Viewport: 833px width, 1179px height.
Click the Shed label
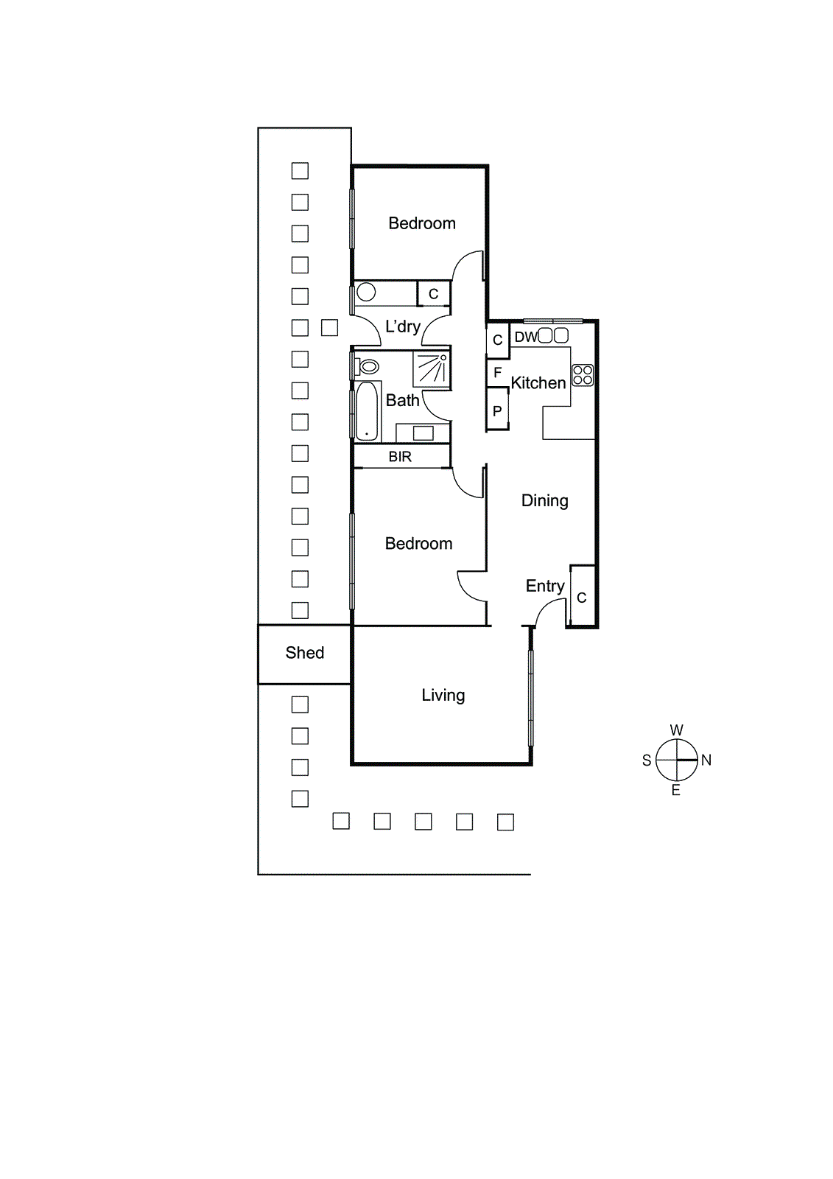(x=304, y=653)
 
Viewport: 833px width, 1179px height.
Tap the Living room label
(x=443, y=696)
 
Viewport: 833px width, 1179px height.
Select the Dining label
(x=544, y=501)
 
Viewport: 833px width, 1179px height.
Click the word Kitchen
(x=538, y=383)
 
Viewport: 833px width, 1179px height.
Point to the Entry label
(x=544, y=587)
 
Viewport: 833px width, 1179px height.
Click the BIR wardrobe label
(x=400, y=457)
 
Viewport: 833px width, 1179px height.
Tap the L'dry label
(x=402, y=326)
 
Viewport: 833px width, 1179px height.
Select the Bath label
(x=402, y=401)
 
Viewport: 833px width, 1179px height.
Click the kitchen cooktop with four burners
(x=583, y=375)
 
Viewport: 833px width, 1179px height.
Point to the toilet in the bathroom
(x=368, y=366)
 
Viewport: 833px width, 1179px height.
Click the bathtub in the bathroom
(x=366, y=411)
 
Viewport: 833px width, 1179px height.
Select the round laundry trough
(x=366, y=293)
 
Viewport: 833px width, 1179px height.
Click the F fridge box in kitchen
(x=497, y=373)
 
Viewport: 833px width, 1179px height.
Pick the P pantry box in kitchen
(x=497, y=412)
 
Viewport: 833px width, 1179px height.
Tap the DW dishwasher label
(x=525, y=337)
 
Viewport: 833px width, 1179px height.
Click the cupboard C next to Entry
(x=582, y=598)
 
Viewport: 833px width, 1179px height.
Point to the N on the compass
(x=706, y=760)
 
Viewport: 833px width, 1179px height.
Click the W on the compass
(x=676, y=730)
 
